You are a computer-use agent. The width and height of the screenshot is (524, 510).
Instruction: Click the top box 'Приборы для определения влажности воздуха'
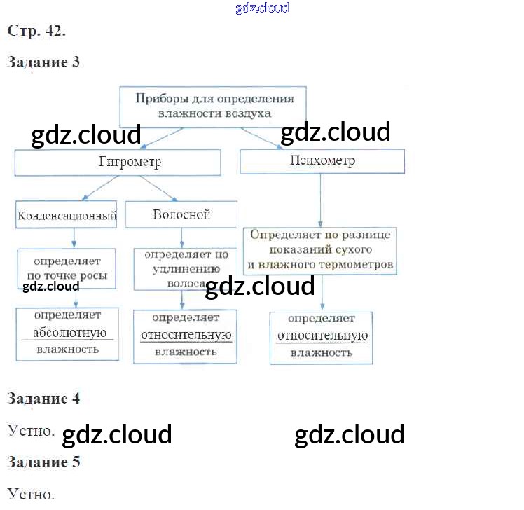(x=214, y=105)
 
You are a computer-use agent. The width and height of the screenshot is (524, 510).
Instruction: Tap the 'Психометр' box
(x=322, y=161)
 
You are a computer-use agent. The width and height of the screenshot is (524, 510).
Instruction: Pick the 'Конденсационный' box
(x=67, y=216)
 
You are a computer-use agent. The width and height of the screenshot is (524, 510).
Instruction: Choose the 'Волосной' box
(x=181, y=214)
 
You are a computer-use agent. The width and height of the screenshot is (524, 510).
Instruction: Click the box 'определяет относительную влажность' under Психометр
(x=322, y=336)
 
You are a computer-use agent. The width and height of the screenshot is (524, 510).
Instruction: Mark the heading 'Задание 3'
(x=43, y=62)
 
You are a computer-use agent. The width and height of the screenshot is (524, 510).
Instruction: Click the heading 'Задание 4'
(x=43, y=399)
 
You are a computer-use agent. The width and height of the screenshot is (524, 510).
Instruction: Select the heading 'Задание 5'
(x=43, y=462)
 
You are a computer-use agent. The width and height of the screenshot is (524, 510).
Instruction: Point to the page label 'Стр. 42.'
(x=36, y=31)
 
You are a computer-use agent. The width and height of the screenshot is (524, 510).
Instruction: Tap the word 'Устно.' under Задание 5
(x=31, y=494)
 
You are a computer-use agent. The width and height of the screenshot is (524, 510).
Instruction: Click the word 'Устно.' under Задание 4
(x=31, y=429)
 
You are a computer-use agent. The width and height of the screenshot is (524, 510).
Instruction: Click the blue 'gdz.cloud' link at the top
(x=262, y=8)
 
